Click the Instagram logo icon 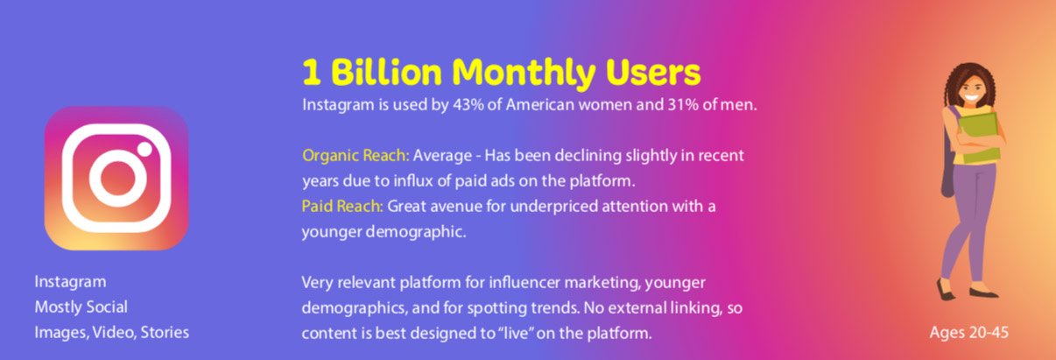[x=116, y=179]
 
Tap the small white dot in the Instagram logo [x=145, y=149]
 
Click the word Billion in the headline [x=386, y=73]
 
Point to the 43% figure [x=468, y=104]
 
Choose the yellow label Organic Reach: [x=356, y=156]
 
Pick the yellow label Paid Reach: [x=342, y=207]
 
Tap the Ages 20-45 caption [x=968, y=333]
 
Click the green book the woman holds [x=979, y=138]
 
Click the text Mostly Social [x=81, y=307]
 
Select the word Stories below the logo [x=165, y=332]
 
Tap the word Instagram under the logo [x=70, y=282]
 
